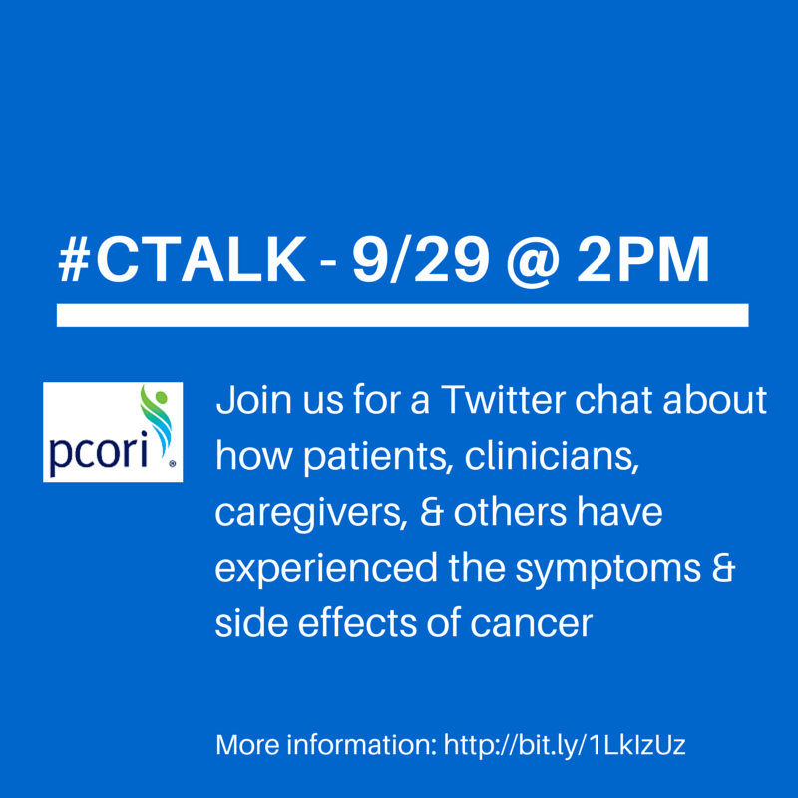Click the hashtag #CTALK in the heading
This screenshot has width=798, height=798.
tap(182, 260)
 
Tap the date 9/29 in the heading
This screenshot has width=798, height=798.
tap(421, 260)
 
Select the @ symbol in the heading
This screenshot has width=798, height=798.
tap(533, 262)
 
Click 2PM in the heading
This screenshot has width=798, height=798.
tap(642, 260)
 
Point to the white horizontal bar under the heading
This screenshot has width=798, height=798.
tap(403, 315)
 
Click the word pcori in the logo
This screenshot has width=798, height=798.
tap(98, 451)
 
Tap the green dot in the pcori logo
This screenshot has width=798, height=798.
tap(161, 396)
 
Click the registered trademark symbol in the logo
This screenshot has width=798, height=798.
tap(172, 464)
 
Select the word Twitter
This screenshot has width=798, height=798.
tap(503, 400)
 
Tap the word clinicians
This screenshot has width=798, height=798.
tap(552, 455)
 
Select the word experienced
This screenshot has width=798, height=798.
tap(326, 569)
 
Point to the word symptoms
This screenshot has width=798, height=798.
tap(608, 569)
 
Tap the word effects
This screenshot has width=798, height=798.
tap(357, 622)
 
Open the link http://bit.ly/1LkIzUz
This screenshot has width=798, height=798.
tap(565, 746)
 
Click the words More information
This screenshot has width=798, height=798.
tap(326, 745)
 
